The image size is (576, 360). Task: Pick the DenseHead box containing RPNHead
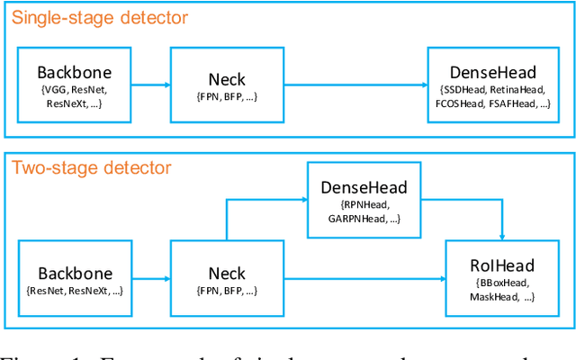[364, 199]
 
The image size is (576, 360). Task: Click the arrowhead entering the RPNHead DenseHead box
[302, 200]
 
